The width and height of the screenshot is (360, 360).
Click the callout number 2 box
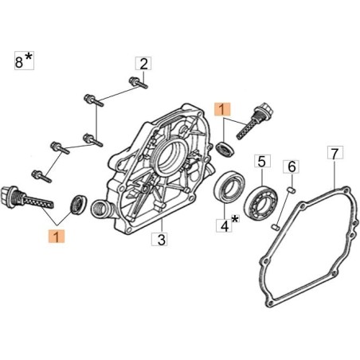143,64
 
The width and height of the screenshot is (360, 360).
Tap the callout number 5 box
262,161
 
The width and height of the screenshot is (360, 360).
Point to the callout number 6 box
292,166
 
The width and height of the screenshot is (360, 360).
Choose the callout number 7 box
335,152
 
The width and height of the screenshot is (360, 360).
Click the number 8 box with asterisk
24,61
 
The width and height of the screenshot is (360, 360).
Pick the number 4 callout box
224,225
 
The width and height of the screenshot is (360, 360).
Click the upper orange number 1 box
223,109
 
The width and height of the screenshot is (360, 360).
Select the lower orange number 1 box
57,237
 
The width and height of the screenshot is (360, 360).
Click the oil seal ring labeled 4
229,187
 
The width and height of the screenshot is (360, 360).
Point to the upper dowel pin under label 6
292,190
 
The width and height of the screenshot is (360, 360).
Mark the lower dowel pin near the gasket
276,227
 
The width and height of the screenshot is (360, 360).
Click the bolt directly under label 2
138,83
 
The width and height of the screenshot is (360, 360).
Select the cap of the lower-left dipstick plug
9,197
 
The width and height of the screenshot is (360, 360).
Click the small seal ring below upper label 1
225,150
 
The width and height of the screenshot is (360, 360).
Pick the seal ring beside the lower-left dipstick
78,204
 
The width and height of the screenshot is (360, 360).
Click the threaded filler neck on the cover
100,209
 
